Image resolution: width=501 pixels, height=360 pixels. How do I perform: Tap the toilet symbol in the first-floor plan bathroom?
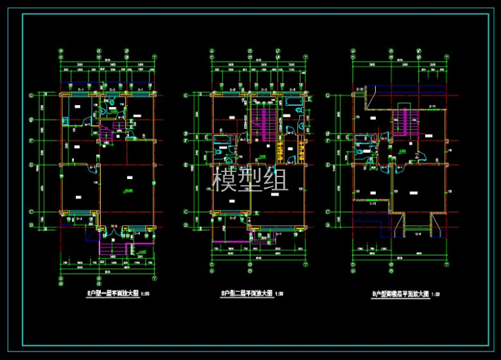click(x=112, y=101)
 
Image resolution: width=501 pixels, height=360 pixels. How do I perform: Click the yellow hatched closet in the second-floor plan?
click(x=281, y=152)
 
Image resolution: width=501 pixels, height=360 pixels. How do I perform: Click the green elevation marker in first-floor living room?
click(x=128, y=192)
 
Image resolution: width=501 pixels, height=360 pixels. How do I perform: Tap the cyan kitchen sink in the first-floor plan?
click(x=65, y=120)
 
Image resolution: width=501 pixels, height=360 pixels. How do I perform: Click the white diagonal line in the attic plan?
click(x=369, y=101)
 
